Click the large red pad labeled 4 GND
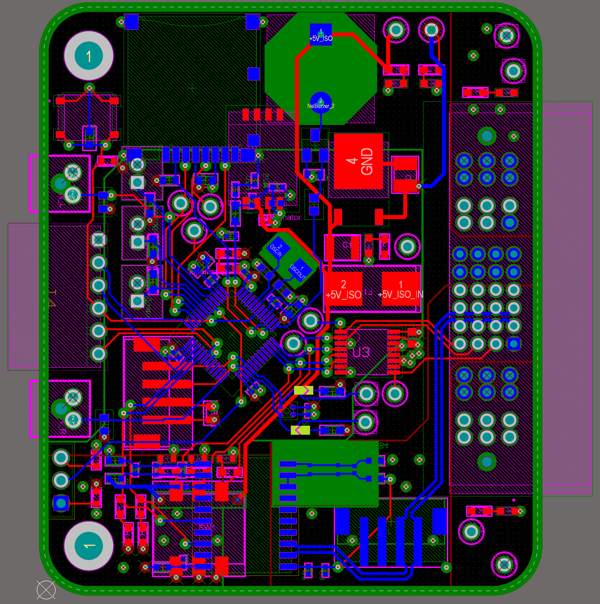[358, 161]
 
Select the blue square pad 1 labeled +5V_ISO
[321, 34]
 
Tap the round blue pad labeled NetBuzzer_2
[321, 103]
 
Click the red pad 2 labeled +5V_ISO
[343, 289]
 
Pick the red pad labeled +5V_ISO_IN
[400, 289]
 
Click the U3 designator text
[361, 352]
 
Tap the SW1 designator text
[207, 527]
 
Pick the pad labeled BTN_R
[73, 419]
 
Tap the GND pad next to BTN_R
[73, 396]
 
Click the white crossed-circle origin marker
[46, 590]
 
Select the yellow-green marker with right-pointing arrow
[304, 391]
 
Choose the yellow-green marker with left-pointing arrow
[300, 430]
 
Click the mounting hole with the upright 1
[88, 56]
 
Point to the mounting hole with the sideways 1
[88, 546]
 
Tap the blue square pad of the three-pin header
[61, 503]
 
